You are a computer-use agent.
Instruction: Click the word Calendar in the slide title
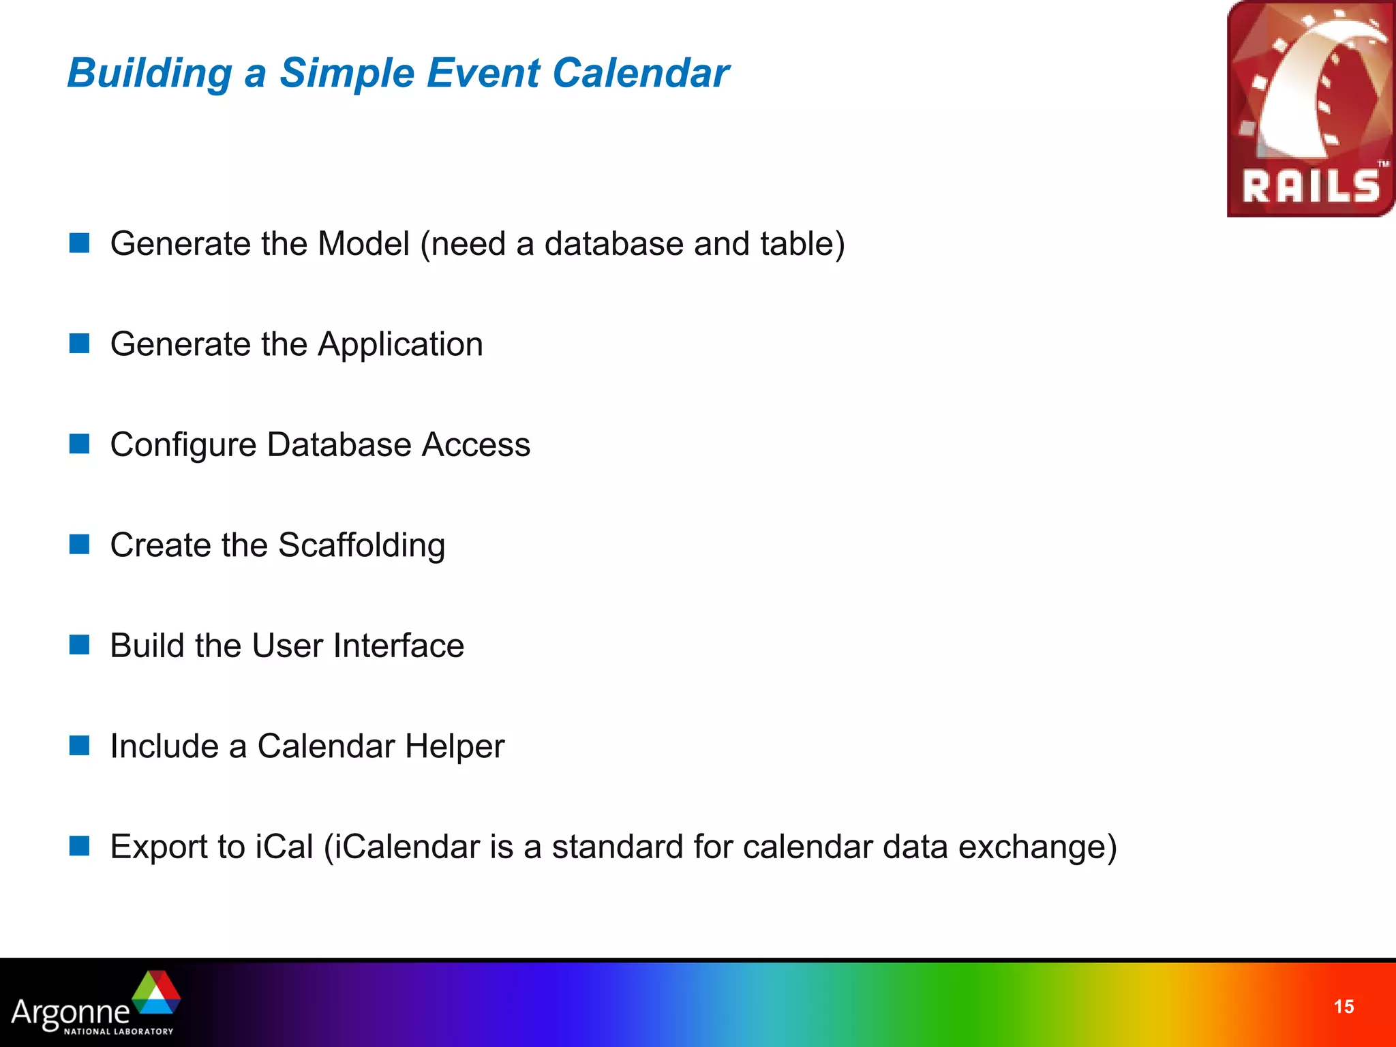(x=640, y=73)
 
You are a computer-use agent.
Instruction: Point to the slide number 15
(x=1344, y=1007)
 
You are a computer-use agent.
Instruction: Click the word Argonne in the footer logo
(x=70, y=1012)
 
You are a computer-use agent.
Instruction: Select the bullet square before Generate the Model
(x=80, y=243)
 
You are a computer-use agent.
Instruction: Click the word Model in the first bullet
(x=363, y=244)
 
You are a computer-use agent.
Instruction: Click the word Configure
(x=183, y=445)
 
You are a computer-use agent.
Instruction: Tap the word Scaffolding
(x=361, y=545)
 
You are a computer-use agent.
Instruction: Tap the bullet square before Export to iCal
(x=80, y=846)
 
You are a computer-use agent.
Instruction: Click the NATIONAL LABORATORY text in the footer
(x=119, y=1031)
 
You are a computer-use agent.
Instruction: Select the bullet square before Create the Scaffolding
(x=80, y=545)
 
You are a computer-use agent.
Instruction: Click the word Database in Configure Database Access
(x=339, y=445)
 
